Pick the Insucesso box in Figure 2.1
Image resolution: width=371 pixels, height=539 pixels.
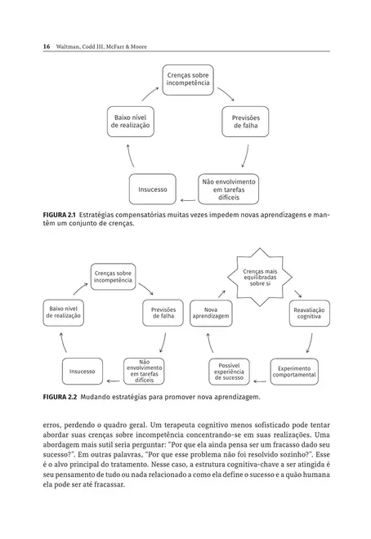[x=153, y=189]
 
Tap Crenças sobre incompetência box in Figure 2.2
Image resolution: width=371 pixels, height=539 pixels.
[x=112, y=276]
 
